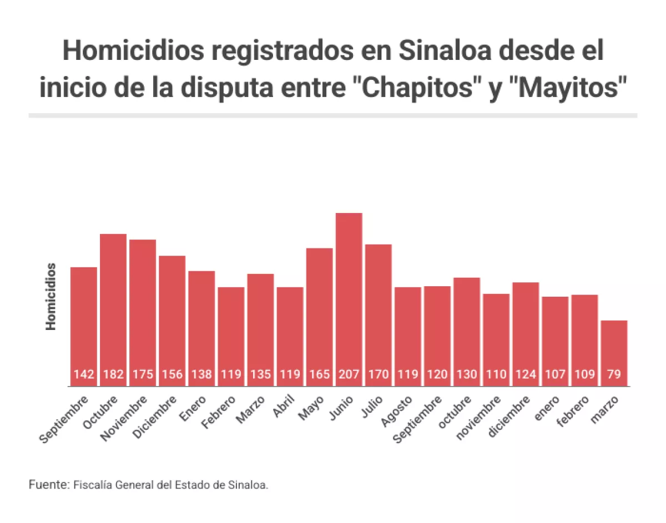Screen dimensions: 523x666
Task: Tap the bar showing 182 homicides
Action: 113,305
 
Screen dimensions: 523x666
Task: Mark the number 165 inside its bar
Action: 320,374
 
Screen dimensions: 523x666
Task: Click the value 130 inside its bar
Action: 467,374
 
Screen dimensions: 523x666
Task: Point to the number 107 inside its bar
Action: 555,374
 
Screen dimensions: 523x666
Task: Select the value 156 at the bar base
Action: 172,374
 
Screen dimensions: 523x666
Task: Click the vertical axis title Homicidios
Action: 51,297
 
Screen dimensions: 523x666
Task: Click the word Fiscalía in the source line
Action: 92,484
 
